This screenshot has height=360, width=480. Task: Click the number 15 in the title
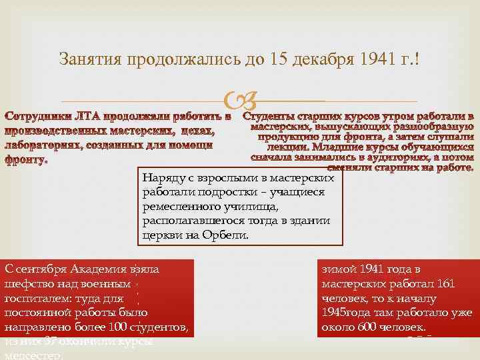(279, 59)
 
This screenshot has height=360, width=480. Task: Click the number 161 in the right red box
(444, 284)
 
